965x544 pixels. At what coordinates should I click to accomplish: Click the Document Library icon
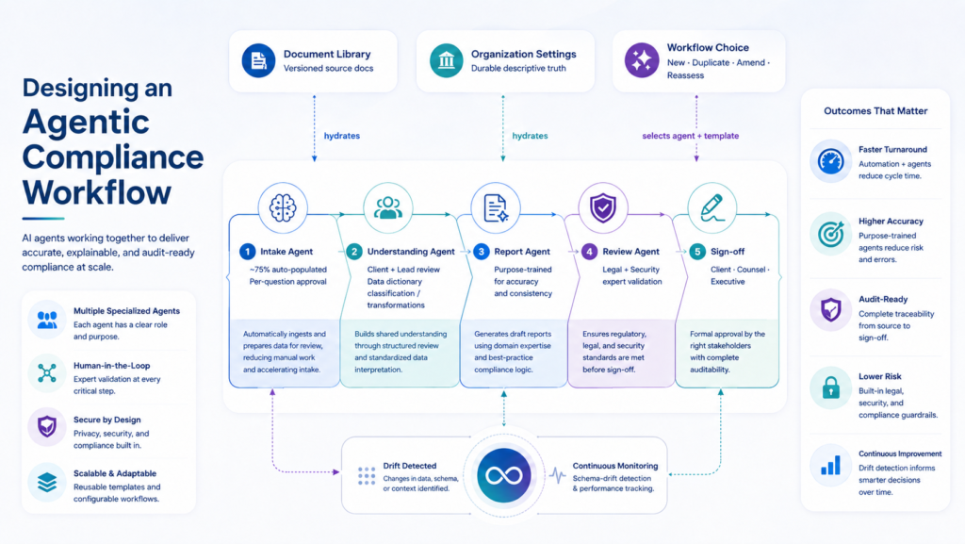258,60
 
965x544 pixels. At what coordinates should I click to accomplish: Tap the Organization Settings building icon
446,60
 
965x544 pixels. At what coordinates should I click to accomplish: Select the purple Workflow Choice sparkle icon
642,60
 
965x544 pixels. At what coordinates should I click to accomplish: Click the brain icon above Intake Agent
283,208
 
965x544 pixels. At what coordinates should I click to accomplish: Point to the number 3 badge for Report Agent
482,251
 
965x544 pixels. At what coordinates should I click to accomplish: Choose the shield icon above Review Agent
603,208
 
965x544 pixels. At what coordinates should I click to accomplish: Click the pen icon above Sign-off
712,208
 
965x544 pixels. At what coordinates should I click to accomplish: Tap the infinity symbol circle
504,475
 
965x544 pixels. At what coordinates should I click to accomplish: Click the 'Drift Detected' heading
409,466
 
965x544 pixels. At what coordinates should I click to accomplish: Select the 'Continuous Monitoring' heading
614,466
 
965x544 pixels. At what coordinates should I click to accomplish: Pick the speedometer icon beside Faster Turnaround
831,162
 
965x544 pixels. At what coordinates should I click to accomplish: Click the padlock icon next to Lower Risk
831,388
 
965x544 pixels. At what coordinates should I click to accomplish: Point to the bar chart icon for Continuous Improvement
831,465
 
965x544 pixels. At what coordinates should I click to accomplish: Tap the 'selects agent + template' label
691,136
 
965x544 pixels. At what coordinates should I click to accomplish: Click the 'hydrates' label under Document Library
341,136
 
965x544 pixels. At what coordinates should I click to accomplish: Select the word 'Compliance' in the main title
113,157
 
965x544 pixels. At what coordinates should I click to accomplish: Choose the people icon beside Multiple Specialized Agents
47,320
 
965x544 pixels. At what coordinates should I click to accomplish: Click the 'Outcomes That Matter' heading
875,110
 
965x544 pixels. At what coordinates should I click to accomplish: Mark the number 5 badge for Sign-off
697,251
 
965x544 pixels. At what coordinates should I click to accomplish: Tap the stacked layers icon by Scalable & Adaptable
47,482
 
